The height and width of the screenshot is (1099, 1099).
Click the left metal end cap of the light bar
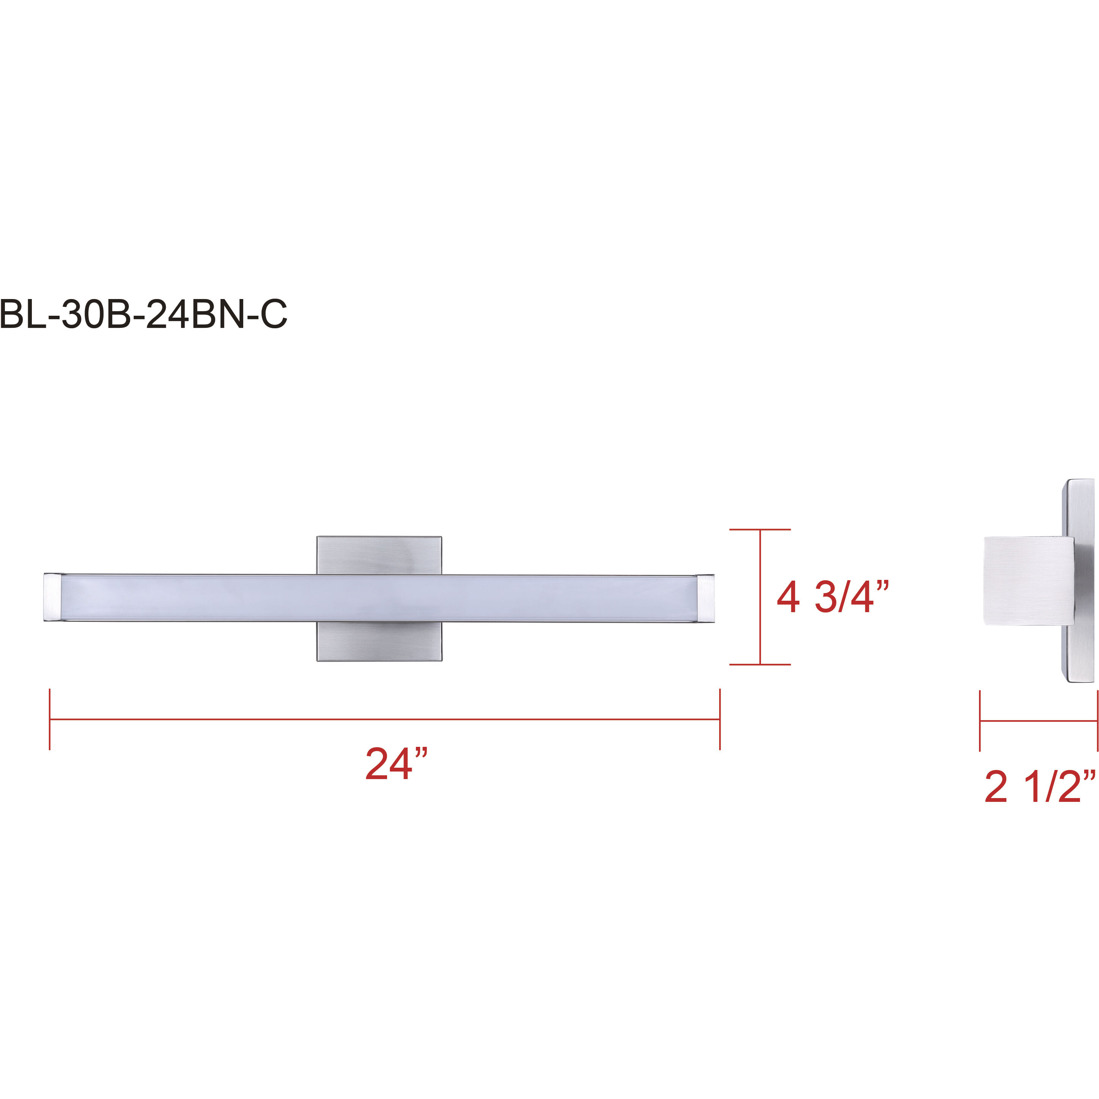52,597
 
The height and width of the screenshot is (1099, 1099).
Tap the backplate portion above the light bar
379,554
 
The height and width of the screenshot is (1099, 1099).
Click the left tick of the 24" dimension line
50,719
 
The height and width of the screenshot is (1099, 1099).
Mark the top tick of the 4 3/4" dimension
760,530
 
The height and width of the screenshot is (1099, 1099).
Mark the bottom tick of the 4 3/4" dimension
760,664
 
